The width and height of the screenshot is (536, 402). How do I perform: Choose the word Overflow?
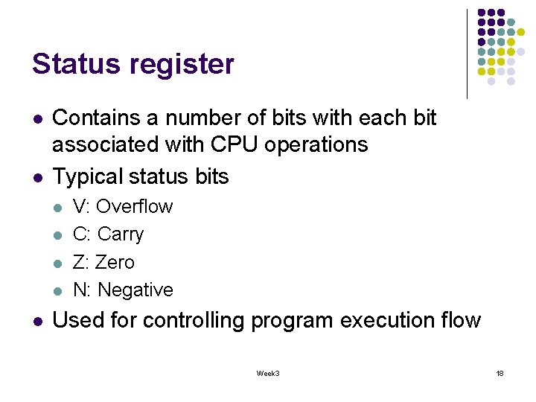[x=135, y=206]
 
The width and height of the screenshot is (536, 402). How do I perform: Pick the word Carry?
[x=121, y=234]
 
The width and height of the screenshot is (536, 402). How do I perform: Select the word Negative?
[x=135, y=290]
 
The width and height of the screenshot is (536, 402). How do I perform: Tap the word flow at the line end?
[x=461, y=320]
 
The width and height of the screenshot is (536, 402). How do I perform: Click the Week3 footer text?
[x=268, y=373]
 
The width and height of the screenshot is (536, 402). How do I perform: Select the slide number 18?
[x=500, y=373]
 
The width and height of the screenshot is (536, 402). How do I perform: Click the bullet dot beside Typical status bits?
[x=36, y=178]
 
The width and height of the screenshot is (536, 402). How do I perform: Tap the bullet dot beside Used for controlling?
[x=36, y=321]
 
